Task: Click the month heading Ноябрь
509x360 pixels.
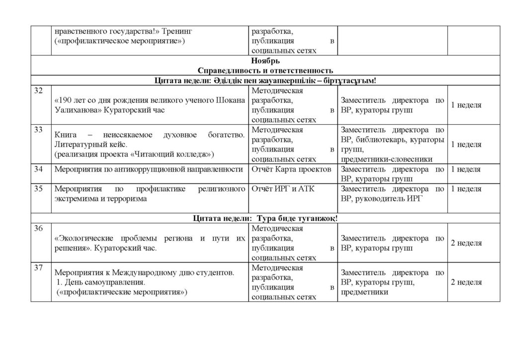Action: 264,61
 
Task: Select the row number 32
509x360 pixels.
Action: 38,90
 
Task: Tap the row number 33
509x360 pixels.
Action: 38,130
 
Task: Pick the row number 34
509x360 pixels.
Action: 38,169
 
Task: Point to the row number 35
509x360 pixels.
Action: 38,189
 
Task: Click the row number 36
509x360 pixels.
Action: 38,228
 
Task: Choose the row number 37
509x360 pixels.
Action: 38,268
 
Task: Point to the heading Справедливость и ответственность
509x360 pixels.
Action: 265,70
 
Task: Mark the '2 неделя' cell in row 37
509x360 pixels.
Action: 466,282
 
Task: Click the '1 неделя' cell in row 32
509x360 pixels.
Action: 466,105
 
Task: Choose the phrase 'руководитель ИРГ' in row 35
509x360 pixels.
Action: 383,198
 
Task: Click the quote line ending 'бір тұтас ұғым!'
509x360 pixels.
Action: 265,80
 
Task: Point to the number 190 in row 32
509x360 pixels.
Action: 66,100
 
